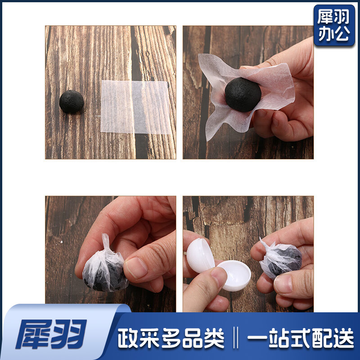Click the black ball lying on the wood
click(x=72, y=102)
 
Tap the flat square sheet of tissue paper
click(x=135, y=107)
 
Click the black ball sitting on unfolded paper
click(x=243, y=94)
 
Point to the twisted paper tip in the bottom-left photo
click(x=106, y=242)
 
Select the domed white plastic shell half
click(x=200, y=255)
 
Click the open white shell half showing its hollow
click(x=234, y=275)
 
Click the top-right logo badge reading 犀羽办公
click(x=334, y=25)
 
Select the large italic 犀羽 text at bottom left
click(x=51, y=334)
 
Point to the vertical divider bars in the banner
click(x=235, y=338)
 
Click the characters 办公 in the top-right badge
click(x=334, y=33)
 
